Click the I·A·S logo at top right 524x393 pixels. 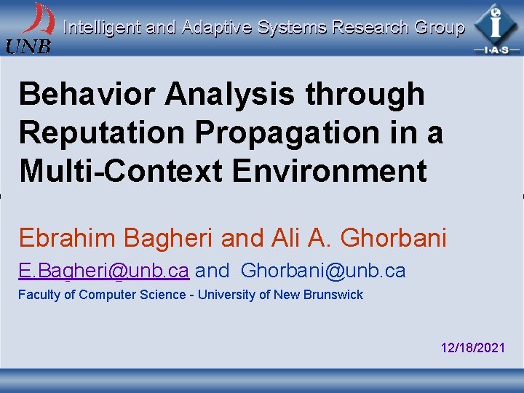point(496,28)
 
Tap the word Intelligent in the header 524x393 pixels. point(102,28)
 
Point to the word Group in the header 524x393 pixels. point(439,28)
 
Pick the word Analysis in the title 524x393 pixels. point(229,95)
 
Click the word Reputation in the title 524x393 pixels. point(98,133)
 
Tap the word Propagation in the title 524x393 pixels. point(289,133)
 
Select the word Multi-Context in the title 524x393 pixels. point(121,172)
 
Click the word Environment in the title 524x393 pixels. point(329,172)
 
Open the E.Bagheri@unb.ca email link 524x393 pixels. point(104,271)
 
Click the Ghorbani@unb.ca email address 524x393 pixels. point(323,271)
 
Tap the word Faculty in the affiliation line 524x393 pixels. point(39,295)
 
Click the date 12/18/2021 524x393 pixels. point(473,348)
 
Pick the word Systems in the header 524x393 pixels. point(292,28)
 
